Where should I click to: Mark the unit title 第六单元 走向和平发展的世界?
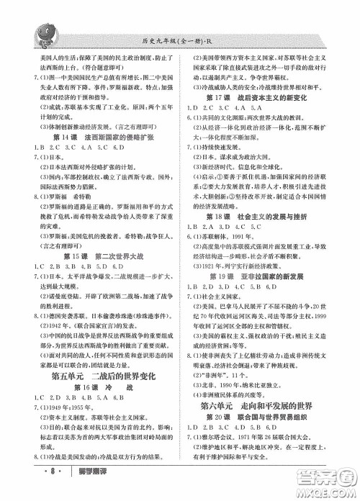click(x=265, y=405)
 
